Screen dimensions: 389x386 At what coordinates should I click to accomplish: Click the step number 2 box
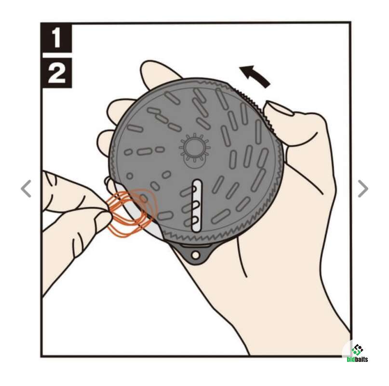[57, 73]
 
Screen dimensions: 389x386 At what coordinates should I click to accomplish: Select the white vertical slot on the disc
[197, 206]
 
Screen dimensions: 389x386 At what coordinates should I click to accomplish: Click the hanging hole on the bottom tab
[196, 255]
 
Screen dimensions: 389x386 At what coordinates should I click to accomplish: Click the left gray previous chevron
[26, 189]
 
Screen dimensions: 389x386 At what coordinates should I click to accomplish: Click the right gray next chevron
[363, 189]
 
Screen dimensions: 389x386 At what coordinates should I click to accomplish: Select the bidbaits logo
[357, 353]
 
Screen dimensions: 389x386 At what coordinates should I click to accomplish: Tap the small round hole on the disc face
[130, 176]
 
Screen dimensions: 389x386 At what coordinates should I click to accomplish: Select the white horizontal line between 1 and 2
[57, 55]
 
